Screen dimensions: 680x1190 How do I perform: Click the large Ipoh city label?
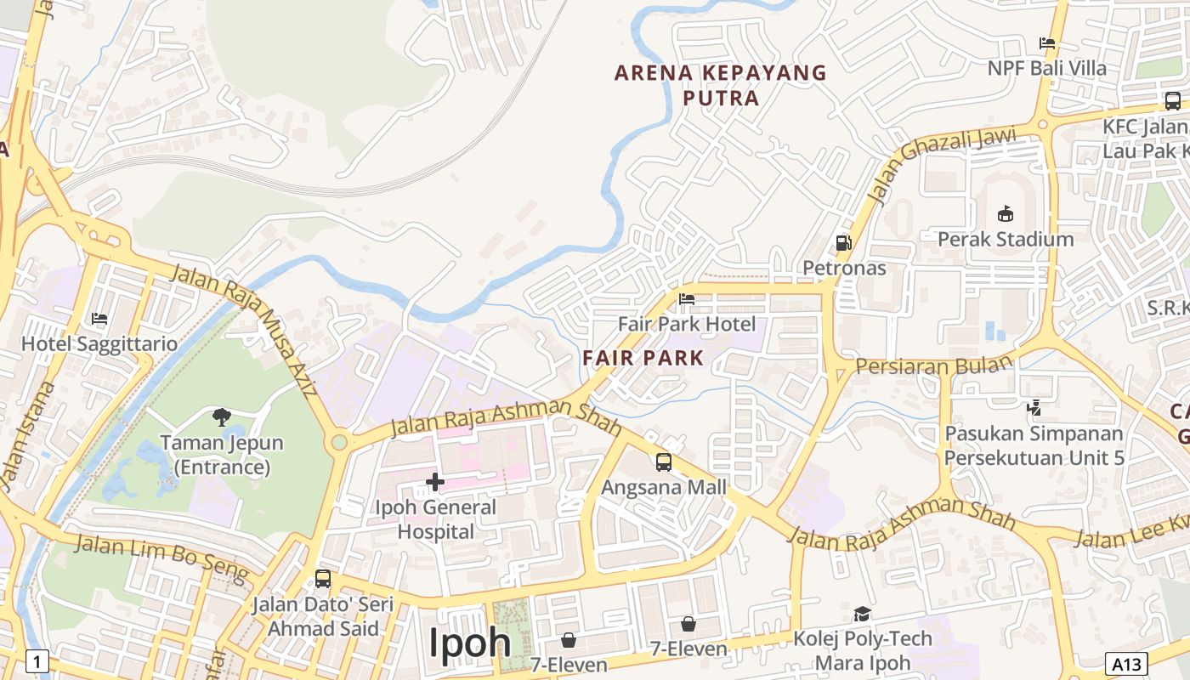pos(469,643)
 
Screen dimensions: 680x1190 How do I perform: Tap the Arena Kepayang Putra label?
pos(721,85)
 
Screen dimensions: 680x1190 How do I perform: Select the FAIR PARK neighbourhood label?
pos(643,358)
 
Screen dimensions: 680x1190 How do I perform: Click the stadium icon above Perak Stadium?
pos(1006,213)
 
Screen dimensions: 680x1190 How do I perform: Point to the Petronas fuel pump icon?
pos(844,243)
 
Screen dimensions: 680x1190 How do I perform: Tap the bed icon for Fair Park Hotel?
pos(687,299)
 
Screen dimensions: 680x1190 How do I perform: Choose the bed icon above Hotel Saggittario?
pos(99,319)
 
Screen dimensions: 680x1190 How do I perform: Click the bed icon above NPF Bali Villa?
pos(1047,42)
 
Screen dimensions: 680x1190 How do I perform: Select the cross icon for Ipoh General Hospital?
pos(435,482)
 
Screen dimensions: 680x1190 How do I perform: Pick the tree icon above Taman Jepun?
pos(222,416)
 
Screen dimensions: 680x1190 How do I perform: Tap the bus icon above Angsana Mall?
pos(664,462)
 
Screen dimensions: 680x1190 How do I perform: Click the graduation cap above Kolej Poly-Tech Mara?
pos(862,614)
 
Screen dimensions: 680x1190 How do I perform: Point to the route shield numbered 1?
pos(37,660)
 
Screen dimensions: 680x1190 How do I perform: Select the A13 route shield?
pos(1126,663)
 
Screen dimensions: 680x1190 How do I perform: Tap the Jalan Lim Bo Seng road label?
pos(161,558)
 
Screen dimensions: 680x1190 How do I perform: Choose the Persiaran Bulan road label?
pos(934,365)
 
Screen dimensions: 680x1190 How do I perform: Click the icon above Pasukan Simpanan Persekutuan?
pos(1034,408)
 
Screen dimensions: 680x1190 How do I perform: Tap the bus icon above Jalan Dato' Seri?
pos(323,579)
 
